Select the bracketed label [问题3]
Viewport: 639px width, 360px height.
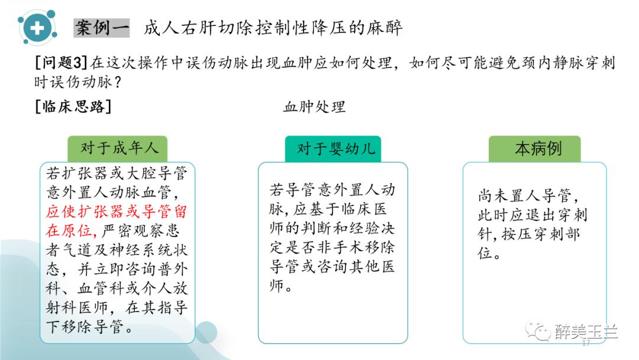pos(62,62)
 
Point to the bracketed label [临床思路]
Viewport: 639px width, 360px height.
pos(73,107)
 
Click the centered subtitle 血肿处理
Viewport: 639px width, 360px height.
pos(314,107)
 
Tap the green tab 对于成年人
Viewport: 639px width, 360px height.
pos(117,148)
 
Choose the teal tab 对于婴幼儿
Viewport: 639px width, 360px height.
pos(333,148)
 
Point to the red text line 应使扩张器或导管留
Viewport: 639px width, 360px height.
pos(117,211)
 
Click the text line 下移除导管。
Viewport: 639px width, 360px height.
pos(89,326)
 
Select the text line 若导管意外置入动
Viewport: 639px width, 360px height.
pos(332,191)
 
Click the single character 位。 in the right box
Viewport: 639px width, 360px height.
pos(486,254)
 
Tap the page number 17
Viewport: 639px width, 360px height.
pos(586,343)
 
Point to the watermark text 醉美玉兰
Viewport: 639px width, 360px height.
pos(585,332)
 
